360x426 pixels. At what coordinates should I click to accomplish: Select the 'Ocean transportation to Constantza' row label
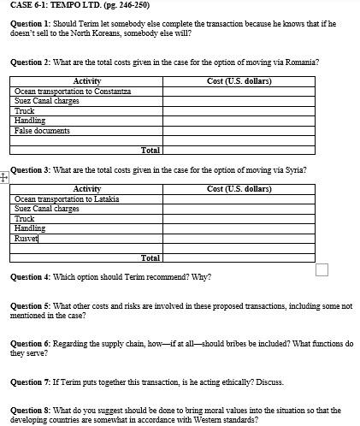click(72, 92)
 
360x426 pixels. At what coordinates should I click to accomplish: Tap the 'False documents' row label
click(42, 131)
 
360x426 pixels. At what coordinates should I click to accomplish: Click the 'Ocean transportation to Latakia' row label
click(67, 199)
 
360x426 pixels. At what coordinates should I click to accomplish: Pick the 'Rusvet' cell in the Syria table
click(27, 239)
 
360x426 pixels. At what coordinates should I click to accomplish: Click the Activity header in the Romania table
click(86, 81)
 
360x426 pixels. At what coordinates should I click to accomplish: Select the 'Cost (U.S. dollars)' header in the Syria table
click(239, 189)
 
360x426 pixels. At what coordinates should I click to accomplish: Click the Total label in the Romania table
click(150, 151)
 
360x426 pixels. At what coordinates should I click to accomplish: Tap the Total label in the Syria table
click(150, 257)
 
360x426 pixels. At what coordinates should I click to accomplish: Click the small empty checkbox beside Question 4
click(322, 270)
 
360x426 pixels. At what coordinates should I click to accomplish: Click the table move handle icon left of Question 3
click(3, 177)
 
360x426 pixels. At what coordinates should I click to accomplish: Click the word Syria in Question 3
click(294, 170)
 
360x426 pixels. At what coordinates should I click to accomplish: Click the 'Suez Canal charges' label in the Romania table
click(47, 101)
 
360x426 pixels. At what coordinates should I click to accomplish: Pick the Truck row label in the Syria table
click(24, 219)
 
